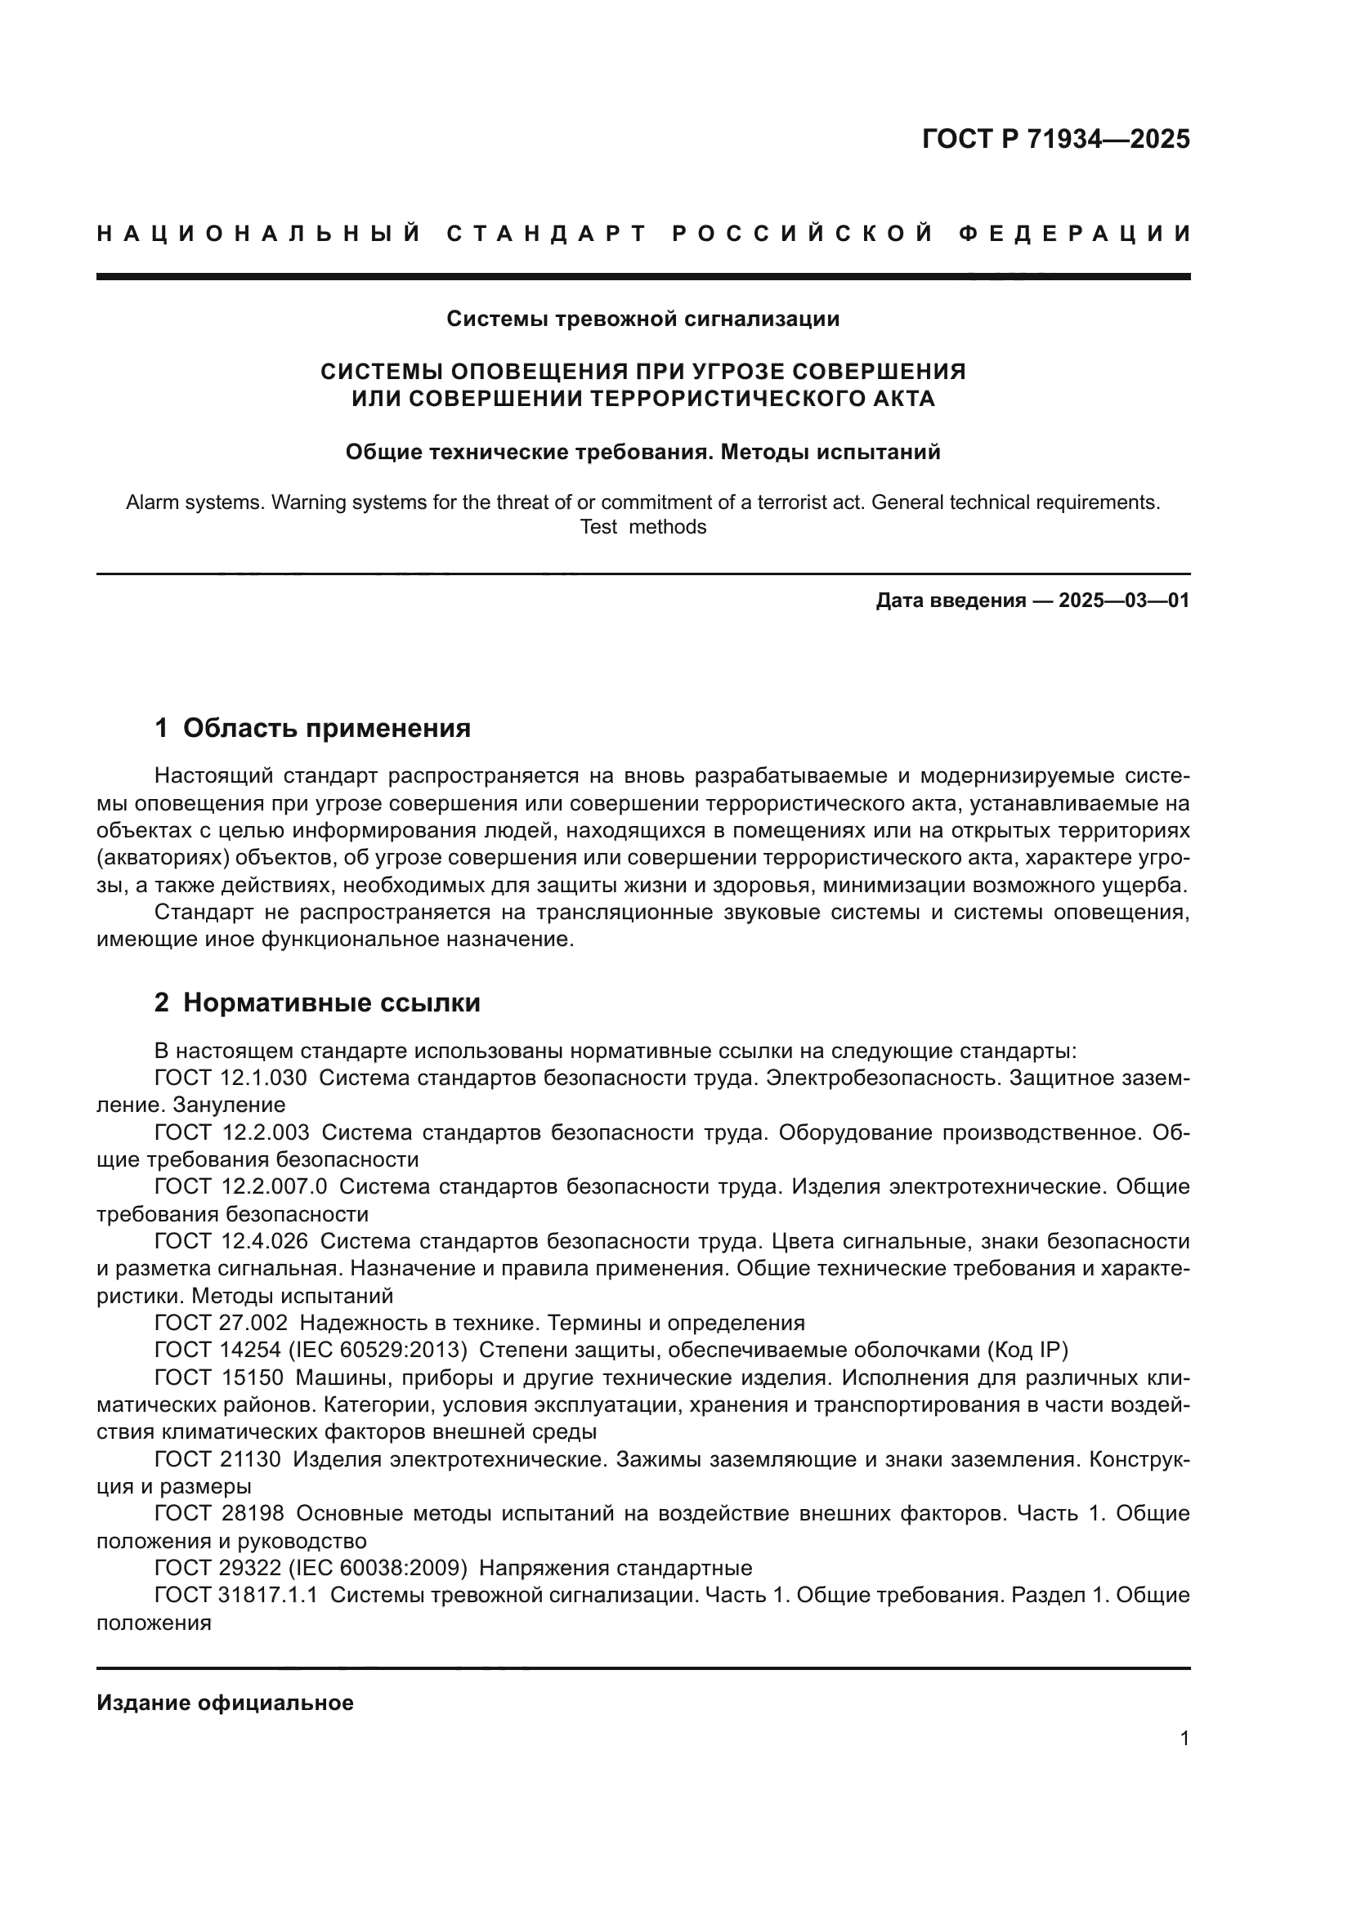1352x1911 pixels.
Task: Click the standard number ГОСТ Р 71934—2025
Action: [1055, 139]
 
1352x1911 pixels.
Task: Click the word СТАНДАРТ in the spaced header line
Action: [547, 234]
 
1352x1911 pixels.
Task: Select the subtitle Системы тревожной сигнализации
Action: [642, 319]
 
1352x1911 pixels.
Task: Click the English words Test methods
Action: [642, 527]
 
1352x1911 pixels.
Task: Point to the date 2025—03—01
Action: [1124, 601]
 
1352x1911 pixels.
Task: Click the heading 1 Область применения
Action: [312, 728]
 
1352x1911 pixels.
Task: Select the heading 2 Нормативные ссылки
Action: [317, 1003]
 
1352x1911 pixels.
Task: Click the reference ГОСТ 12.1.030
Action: [231, 1078]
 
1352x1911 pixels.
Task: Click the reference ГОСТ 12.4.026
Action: [231, 1241]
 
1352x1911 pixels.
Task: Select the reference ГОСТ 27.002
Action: [221, 1323]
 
